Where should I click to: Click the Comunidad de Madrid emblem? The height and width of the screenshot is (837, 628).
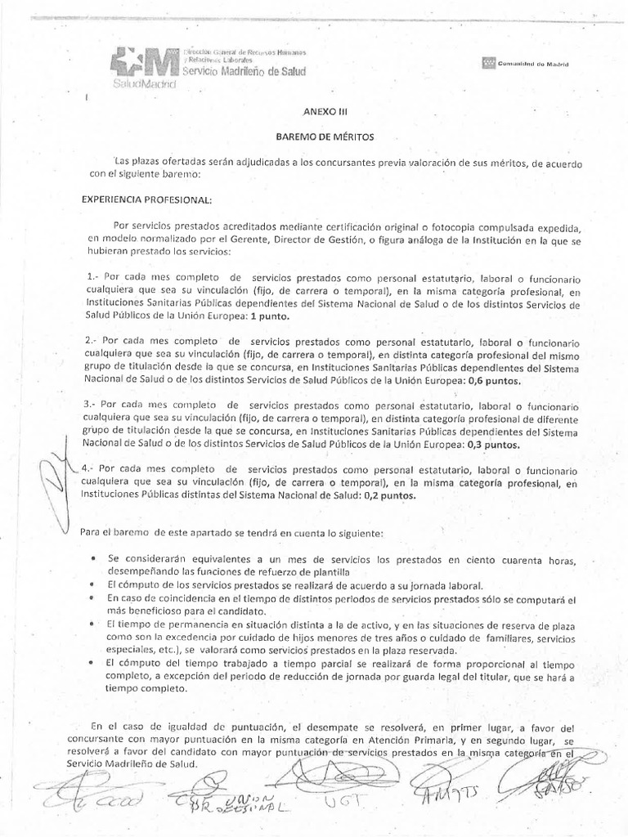point(488,62)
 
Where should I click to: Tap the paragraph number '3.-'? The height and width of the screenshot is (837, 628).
point(94,405)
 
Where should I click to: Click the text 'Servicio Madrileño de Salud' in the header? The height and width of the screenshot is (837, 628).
point(242,73)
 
